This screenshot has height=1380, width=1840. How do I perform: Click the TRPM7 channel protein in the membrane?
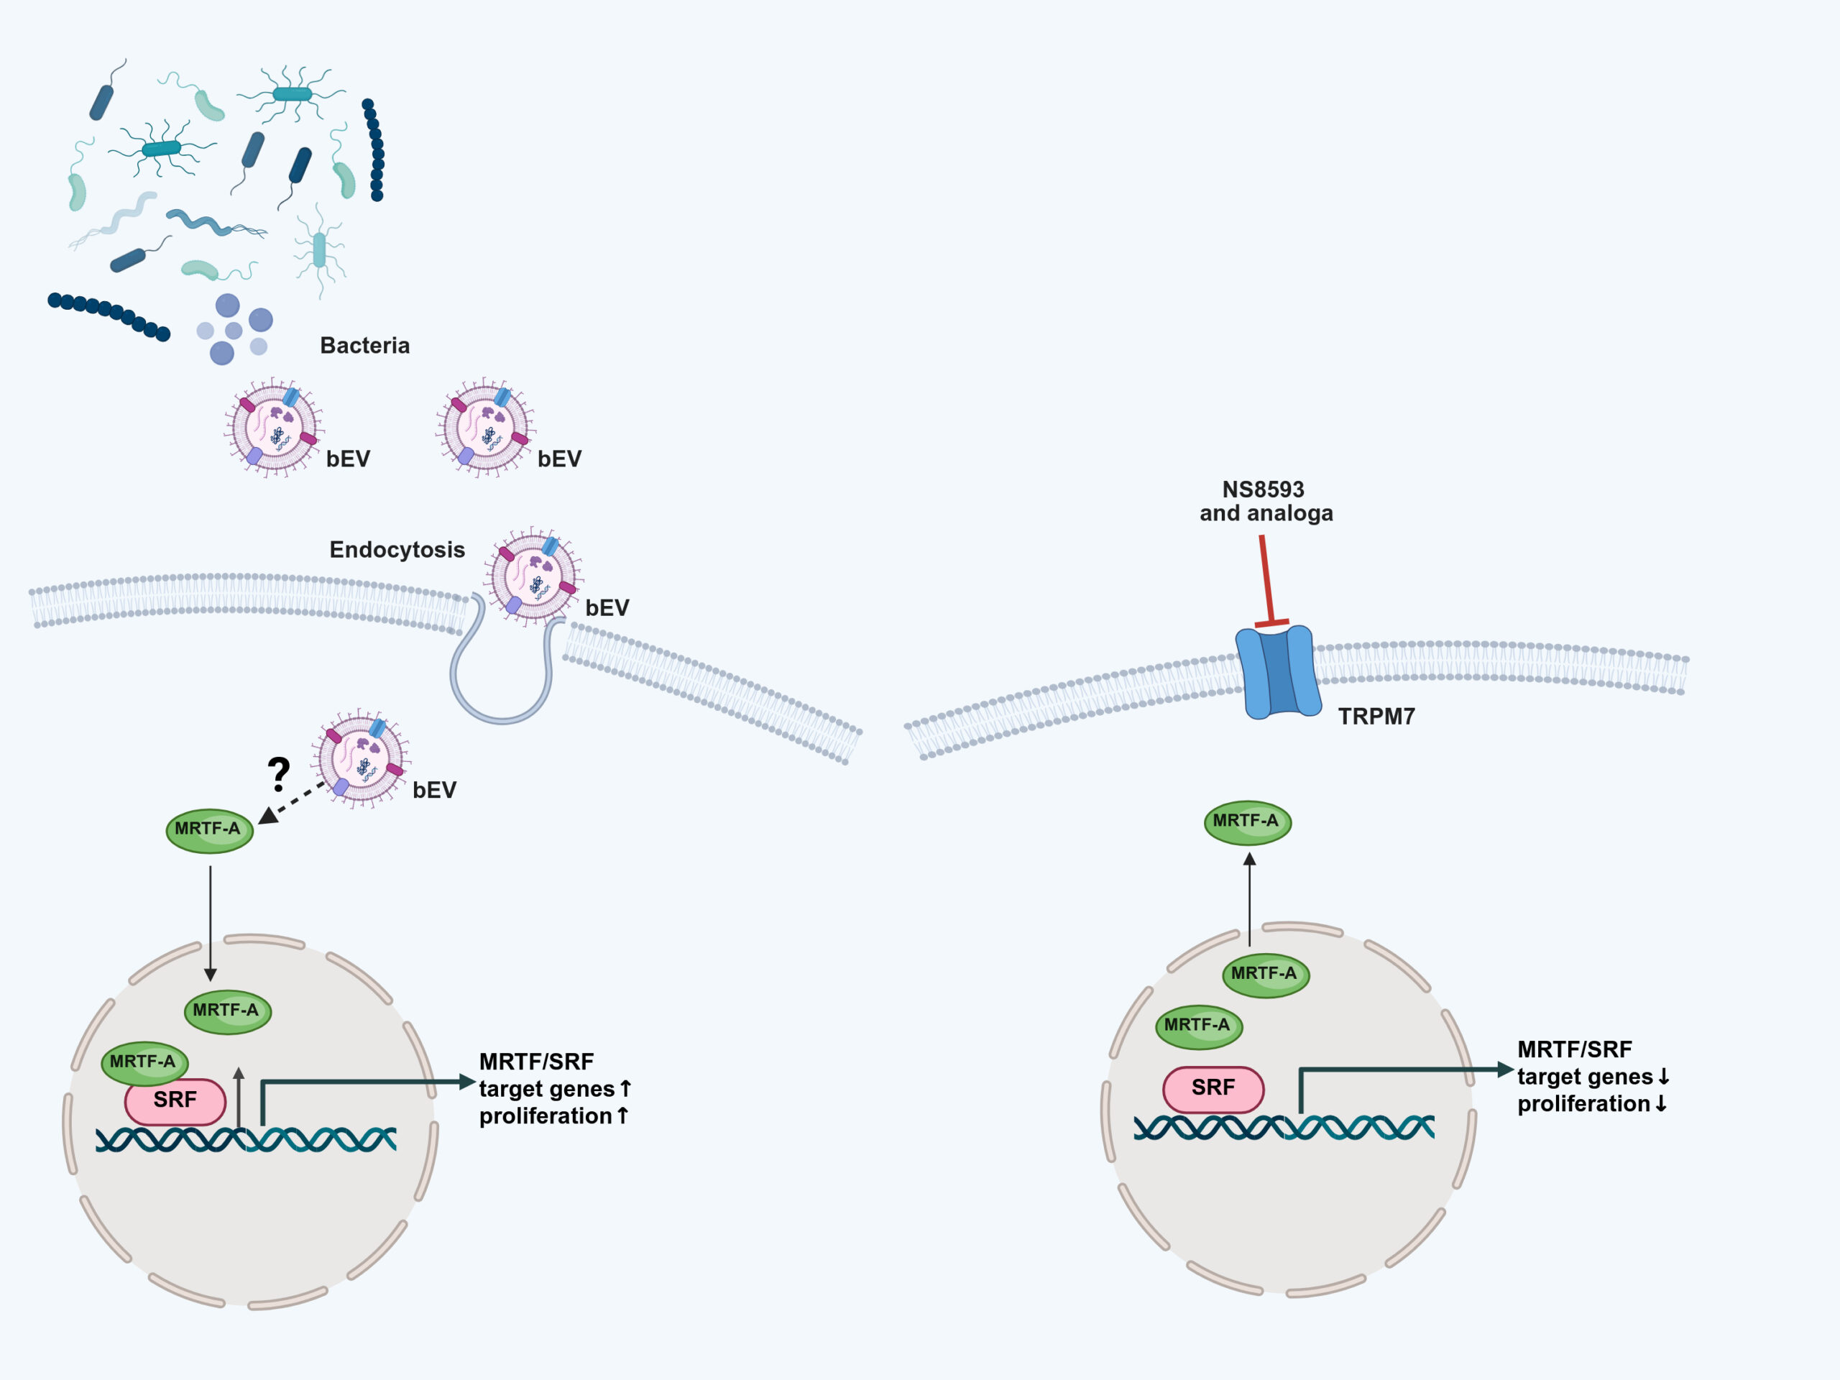click(x=1278, y=672)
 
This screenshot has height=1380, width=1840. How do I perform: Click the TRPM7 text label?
click(x=1376, y=716)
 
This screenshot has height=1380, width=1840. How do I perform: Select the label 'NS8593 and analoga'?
click(x=1265, y=501)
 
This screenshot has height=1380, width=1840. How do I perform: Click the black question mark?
click(x=279, y=773)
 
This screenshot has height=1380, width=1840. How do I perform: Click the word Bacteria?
click(x=364, y=345)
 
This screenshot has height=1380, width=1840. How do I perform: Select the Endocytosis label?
click(x=397, y=550)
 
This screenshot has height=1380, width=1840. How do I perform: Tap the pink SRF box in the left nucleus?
click(x=175, y=1101)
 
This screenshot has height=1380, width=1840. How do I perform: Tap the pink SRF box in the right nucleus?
click(x=1213, y=1089)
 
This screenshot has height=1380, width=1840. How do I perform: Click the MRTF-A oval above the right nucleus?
click(x=1247, y=822)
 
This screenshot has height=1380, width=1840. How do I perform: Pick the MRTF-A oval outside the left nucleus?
click(x=208, y=830)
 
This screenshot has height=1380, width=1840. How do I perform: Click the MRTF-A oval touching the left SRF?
click(x=144, y=1063)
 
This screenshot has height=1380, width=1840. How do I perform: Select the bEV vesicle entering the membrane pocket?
click(x=533, y=576)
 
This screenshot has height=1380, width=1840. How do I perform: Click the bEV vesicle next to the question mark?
click(x=360, y=758)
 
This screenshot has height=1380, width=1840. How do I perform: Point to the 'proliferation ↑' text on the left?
click(x=553, y=1116)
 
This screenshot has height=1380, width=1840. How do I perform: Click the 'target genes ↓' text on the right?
click(x=1592, y=1077)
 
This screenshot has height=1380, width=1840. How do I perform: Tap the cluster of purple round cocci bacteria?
click(x=234, y=328)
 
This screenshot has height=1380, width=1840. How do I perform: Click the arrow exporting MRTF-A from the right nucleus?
click(x=1249, y=899)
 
